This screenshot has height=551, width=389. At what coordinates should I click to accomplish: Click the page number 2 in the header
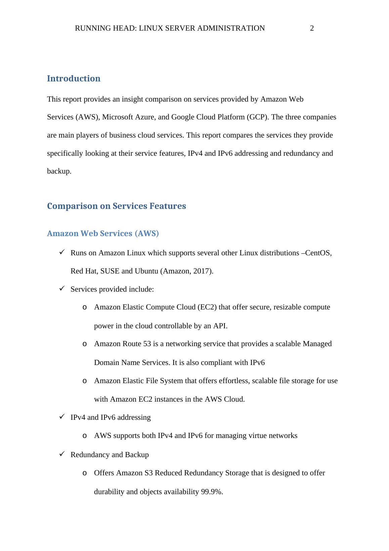point(312,28)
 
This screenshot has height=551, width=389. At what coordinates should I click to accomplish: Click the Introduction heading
point(74,78)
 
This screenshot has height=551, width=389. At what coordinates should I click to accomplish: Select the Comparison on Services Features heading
point(116,206)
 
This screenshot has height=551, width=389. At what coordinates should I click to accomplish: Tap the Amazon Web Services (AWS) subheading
point(103,233)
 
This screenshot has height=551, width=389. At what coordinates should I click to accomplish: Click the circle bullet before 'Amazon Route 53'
point(85,344)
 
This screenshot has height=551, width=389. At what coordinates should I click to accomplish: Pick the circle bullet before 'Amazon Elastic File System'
point(85,381)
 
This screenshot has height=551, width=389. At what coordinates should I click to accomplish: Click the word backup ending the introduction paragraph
point(59,171)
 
